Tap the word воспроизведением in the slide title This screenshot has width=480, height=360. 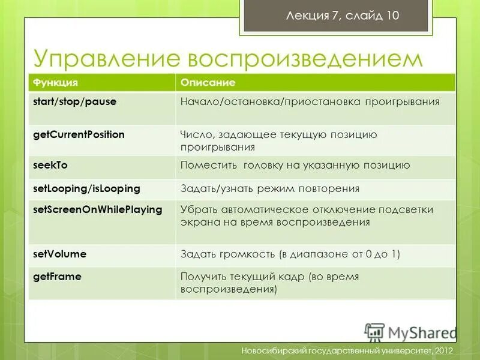point(306,58)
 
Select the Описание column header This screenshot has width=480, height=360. point(208,82)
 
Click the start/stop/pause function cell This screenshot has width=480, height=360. point(74,102)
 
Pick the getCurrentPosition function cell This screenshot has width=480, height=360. point(79,134)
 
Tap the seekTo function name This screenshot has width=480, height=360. point(46,165)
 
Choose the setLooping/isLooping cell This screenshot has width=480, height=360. point(86,188)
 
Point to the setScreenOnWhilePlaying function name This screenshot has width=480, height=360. point(97,210)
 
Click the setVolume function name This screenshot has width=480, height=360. point(59,254)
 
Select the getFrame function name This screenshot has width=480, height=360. point(56,277)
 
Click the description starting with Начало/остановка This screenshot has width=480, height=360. point(310,102)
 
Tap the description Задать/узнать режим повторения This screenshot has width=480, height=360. point(270,189)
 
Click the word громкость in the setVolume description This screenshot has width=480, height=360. point(246,254)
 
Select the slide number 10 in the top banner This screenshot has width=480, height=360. point(392,16)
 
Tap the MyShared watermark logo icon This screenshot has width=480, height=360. point(374,332)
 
